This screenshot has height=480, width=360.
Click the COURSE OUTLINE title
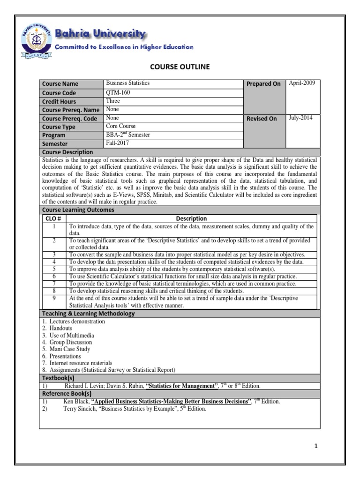tap(180, 67)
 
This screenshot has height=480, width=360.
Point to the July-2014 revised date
tap(301, 118)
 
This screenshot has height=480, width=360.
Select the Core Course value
tap(121, 126)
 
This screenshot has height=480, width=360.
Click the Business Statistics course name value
tap(128, 83)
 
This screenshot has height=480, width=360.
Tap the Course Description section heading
tap(67, 152)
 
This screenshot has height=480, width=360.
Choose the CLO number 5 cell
tap(54, 269)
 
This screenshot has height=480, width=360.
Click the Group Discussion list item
tap(70, 342)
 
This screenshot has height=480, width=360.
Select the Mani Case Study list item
tap(70, 349)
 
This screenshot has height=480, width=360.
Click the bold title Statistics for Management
tap(182, 386)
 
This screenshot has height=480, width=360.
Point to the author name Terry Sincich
tap(80, 408)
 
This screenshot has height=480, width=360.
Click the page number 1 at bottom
tap(316, 446)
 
